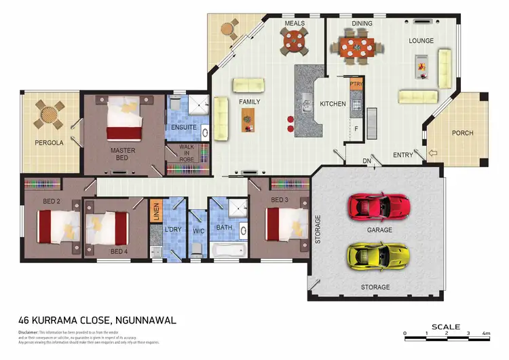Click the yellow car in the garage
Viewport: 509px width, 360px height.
(x=378, y=255)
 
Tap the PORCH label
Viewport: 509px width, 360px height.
(x=462, y=133)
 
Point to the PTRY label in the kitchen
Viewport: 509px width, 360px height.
(x=356, y=84)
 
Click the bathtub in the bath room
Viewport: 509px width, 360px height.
(x=227, y=251)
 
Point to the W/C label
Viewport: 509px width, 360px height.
(x=198, y=231)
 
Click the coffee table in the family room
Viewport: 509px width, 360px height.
(x=248, y=120)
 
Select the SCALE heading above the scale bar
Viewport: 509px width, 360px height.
(x=445, y=327)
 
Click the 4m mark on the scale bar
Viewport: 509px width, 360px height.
(x=486, y=334)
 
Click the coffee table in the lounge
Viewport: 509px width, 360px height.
(x=421, y=66)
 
